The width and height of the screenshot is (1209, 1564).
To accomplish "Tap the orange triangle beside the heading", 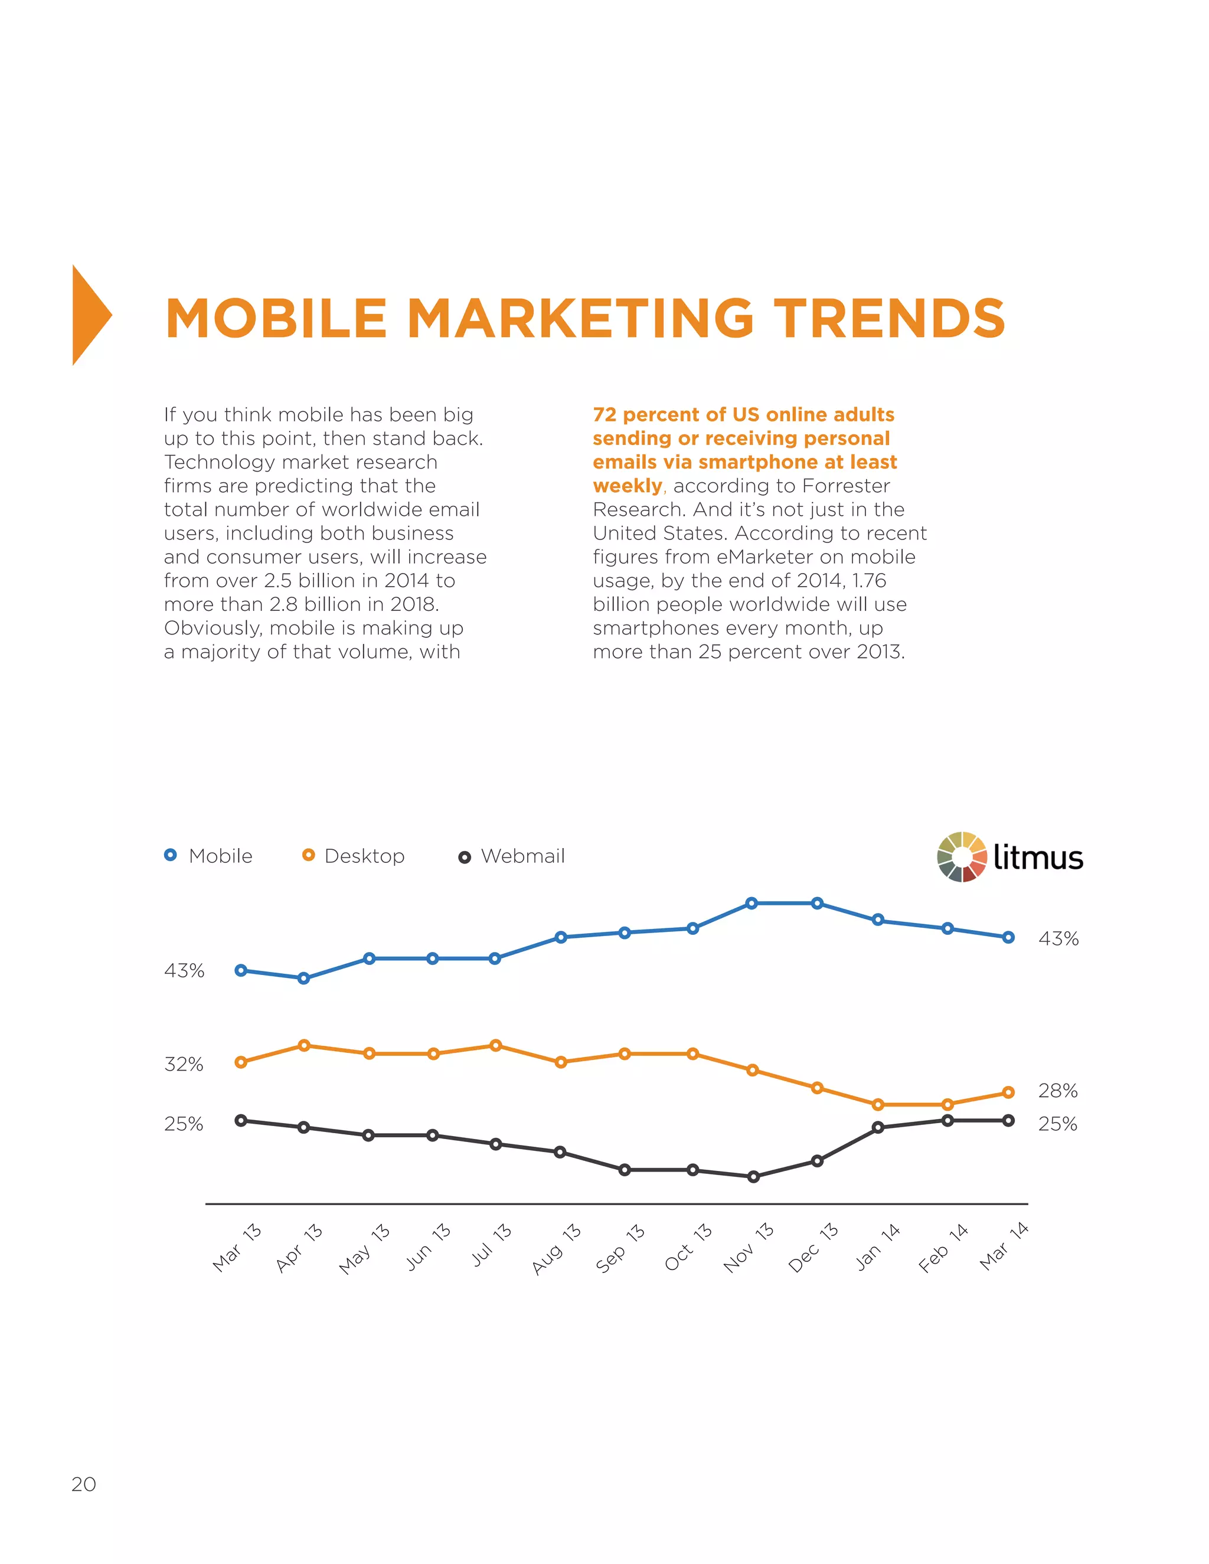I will pos(90,316).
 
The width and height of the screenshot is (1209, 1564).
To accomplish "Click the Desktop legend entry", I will pos(354,856).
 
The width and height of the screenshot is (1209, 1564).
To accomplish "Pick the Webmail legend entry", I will pos(512,856).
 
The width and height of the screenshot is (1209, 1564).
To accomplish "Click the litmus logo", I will pos(1011,856).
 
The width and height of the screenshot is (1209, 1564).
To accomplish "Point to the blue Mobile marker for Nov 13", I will pos(751,904).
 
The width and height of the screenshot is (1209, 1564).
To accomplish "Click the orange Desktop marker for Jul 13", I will pos(495,1046).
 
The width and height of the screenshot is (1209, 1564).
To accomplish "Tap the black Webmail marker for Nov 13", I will pos(753,1177).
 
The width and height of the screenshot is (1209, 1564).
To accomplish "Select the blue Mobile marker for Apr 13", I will pos(303,978).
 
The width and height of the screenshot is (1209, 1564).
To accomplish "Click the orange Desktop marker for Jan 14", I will pos(878,1105).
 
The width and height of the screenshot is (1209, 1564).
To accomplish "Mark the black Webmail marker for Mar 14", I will pos(1008,1121).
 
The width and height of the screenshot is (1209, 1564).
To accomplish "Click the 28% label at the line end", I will pos(1057,1091).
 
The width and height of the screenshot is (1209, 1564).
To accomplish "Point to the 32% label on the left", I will pos(184,1065).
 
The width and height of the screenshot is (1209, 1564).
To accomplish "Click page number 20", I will pos(83,1484).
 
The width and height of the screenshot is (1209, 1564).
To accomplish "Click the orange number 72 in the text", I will pos(604,415).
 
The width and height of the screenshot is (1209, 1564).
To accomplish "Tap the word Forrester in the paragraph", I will pos(846,486).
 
